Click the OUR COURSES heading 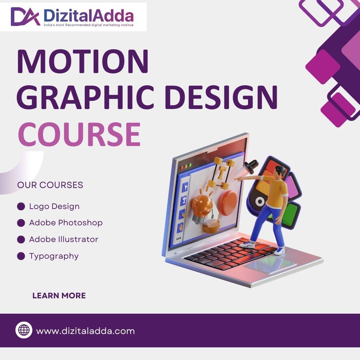pyautogui.click(x=50, y=185)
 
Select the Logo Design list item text pyautogui.click(x=54, y=206)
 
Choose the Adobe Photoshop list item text pyautogui.click(x=66, y=223)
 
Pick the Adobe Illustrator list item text pyautogui.click(x=64, y=239)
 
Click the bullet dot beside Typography pyautogui.click(x=21, y=256)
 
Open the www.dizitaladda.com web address pyautogui.click(x=85, y=331)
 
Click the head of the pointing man pyautogui.click(x=280, y=171)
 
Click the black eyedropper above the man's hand pyautogui.click(x=251, y=167)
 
